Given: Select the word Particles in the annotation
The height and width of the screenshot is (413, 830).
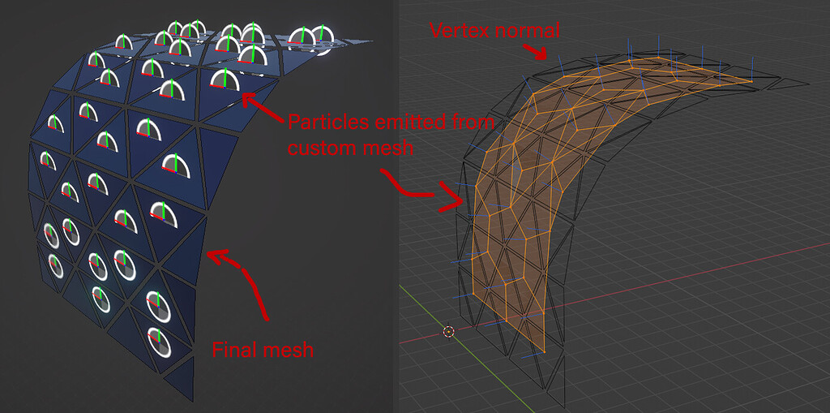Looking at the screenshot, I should (x=327, y=123).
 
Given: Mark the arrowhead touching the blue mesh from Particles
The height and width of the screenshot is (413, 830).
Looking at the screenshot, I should (x=246, y=101).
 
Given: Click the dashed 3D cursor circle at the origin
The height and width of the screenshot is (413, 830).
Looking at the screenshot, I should (x=448, y=331).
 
